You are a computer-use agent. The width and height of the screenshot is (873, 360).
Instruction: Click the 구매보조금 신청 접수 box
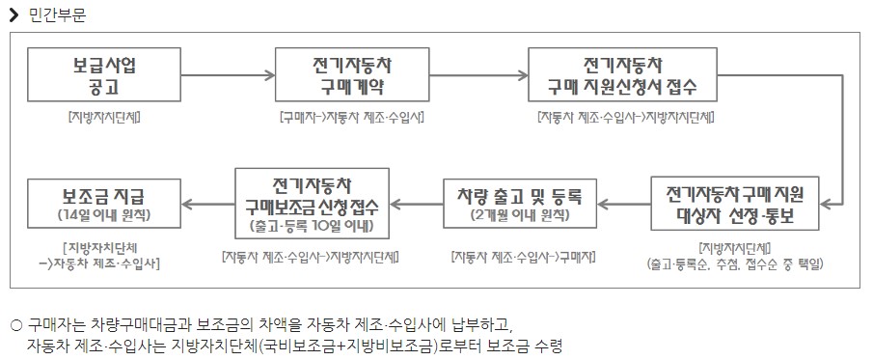click(311, 204)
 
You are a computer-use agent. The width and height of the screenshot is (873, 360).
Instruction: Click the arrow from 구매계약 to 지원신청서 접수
click(477, 75)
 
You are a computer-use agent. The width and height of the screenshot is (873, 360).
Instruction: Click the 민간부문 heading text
click(56, 14)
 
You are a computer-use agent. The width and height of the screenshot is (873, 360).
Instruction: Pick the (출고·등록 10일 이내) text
click(311, 228)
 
